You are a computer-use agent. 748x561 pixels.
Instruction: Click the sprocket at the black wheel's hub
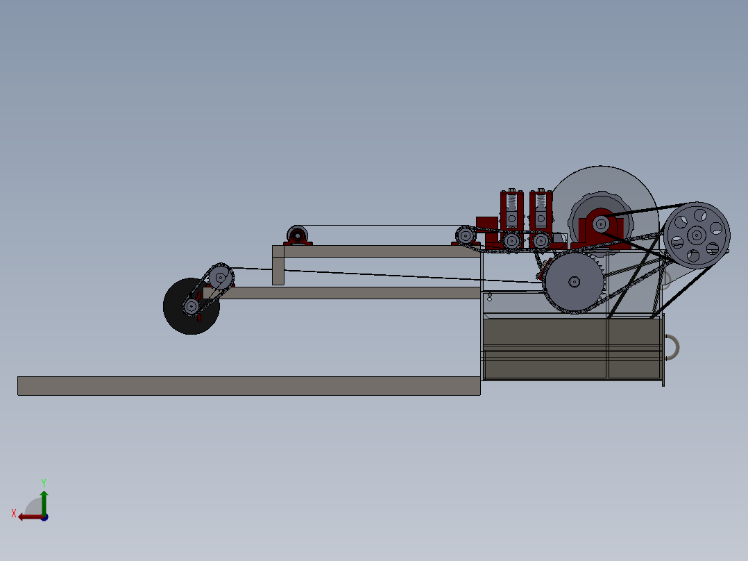[x=192, y=306]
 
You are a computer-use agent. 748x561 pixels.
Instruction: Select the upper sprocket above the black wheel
[x=221, y=277]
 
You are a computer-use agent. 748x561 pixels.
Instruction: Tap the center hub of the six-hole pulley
[x=697, y=235]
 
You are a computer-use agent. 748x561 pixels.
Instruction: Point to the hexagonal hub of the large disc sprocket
[x=575, y=282]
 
